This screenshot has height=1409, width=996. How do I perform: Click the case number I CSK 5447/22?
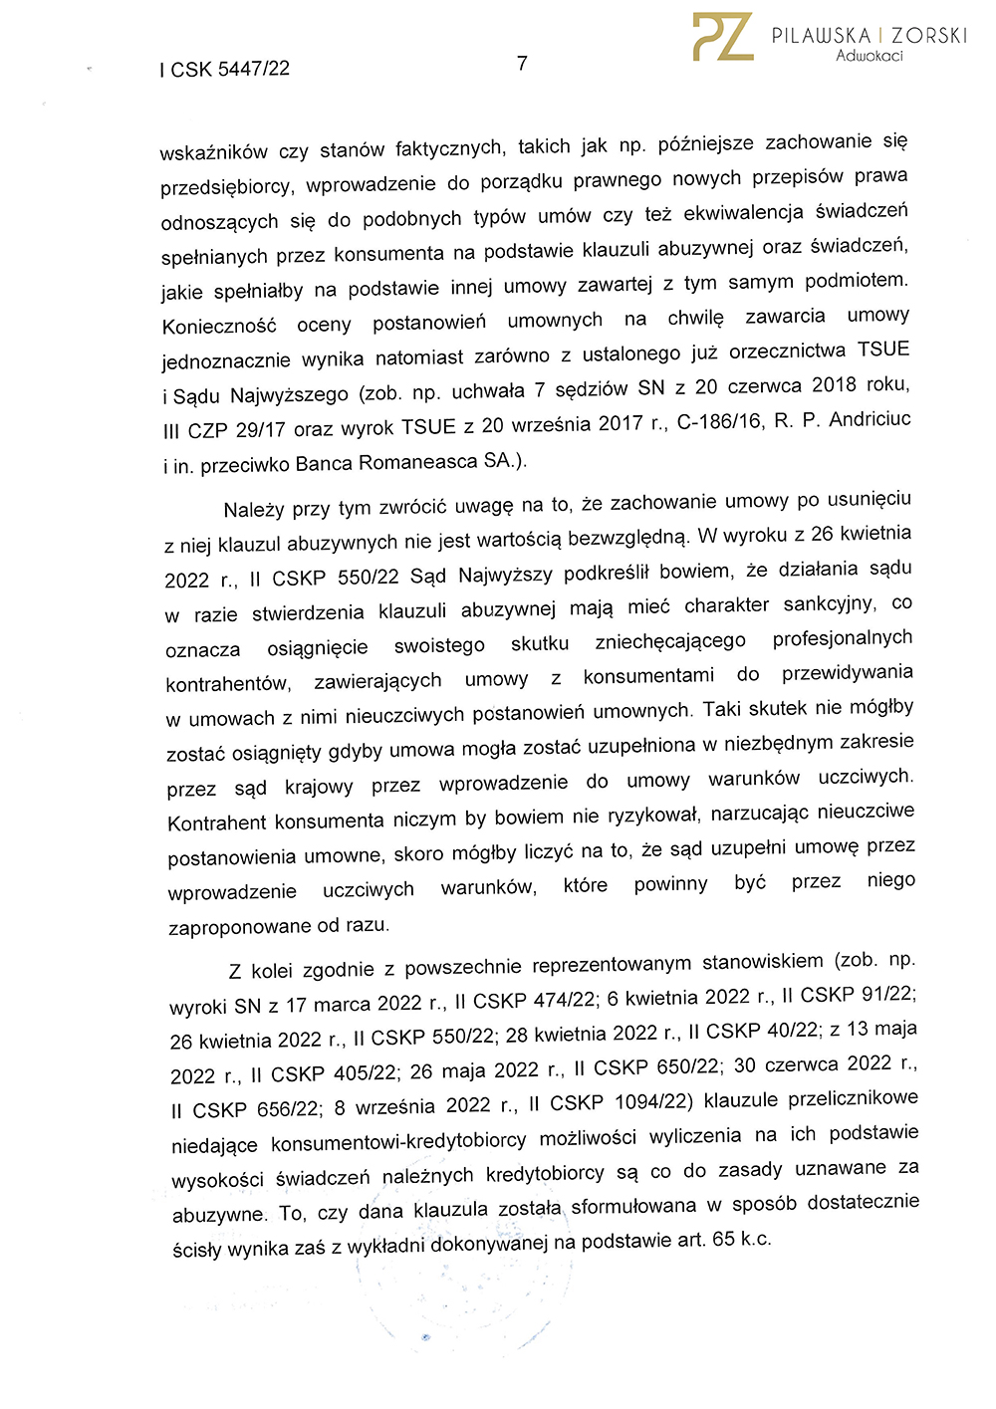224,69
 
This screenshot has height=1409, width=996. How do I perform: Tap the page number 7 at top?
522,64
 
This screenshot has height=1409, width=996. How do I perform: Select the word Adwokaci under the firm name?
869,56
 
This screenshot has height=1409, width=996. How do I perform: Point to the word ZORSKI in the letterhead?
929,35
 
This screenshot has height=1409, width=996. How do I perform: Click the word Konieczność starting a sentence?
219,327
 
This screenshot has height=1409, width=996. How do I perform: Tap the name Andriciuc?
870,419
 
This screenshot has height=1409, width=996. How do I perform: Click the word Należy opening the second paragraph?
254,510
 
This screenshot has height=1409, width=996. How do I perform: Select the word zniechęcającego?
670,641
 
